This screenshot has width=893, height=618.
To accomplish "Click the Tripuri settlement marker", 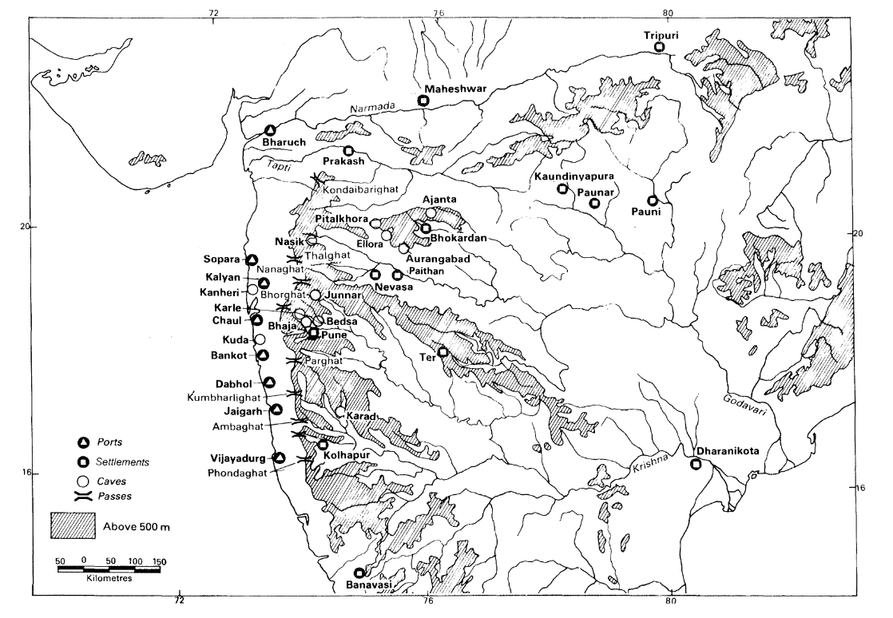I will pyautogui.click(x=660, y=47).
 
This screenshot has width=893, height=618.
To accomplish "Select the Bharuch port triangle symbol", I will pyautogui.click(x=271, y=131).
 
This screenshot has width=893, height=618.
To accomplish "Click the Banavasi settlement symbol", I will pyautogui.click(x=359, y=572).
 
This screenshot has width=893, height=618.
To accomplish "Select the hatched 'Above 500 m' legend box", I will pyautogui.click(x=73, y=525).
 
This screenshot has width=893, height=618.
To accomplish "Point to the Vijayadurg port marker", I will pyautogui.click(x=280, y=458).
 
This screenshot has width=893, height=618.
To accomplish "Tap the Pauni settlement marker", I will pyautogui.click(x=653, y=200).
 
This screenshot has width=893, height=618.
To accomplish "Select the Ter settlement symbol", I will pyautogui.click(x=443, y=352).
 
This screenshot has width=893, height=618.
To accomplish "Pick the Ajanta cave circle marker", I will pyautogui.click(x=431, y=212).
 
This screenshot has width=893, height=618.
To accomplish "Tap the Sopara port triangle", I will pyautogui.click(x=252, y=260).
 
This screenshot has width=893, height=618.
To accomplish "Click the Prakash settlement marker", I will pyautogui.click(x=348, y=150).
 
